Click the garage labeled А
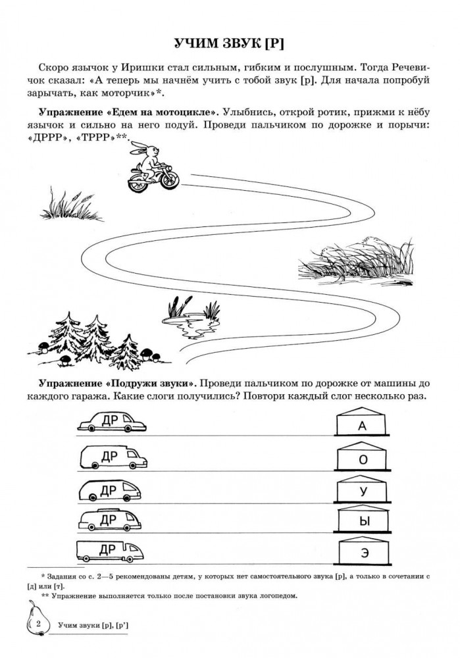click(x=362, y=421)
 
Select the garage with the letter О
click(x=362, y=456)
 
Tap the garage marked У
click(x=362, y=488)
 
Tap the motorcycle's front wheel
click(x=170, y=179)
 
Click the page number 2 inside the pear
click(x=38, y=624)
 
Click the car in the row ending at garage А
click(x=112, y=421)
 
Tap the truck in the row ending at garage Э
click(x=110, y=551)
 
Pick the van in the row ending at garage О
click(x=113, y=457)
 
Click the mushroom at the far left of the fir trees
click(x=44, y=345)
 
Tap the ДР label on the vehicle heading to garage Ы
click(x=108, y=520)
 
